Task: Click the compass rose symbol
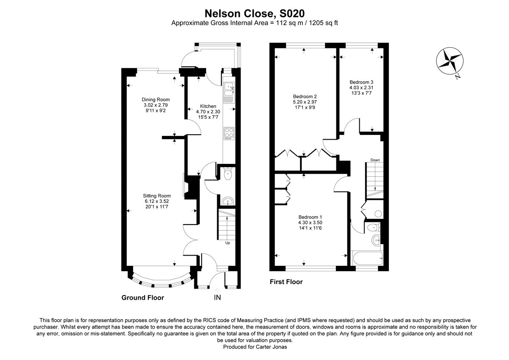pos(448,62)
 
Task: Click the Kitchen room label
pos(208,106)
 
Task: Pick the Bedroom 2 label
pos(305,96)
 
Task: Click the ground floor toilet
pos(228,174)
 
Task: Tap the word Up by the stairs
pos(227,243)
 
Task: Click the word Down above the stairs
pos(375,160)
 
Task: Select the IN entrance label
pos(217,298)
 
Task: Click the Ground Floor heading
pos(143,298)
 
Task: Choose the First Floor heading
pos(286,281)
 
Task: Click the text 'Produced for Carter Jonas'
pos(254,347)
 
